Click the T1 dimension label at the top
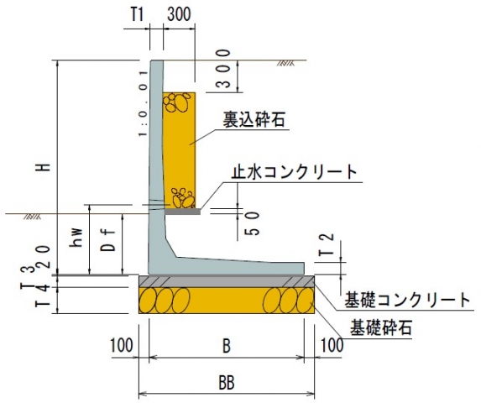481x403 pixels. pyautogui.click(x=137, y=14)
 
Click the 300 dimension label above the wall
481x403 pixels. pyautogui.click(x=179, y=14)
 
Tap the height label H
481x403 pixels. pyautogui.click(x=45, y=167)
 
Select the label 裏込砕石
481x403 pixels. pyautogui.click(x=254, y=119)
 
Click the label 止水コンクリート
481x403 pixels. pyautogui.click(x=295, y=172)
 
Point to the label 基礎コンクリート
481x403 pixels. pyautogui.click(x=407, y=300)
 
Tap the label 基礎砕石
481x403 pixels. pyautogui.click(x=381, y=327)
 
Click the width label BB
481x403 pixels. pyautogui.click(x=227, y=383)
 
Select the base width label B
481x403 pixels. pyautogui.click(x=226, y=347)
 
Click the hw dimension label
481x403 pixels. pyautogui.click(x=76, y=238)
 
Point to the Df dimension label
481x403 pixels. pyautogui.click(x=110, y=240)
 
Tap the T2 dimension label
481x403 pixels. pyautogui.click(x=327, y=245)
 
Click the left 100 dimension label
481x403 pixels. pyautogui.click(x=122, y=345)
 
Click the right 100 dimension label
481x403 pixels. pyautogui.click(x=332, y=345)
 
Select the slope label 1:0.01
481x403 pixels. pyautogui.click(x=143, y=103)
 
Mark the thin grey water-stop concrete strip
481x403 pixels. pyautogui.click(x=183, y=212)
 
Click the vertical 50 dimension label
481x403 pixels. pyautogui.click(x=253, y=223)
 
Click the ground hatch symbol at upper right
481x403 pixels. pyautogui.click(x=285, y=63)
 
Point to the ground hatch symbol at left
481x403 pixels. pyautogui.click(x=33, y=217)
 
